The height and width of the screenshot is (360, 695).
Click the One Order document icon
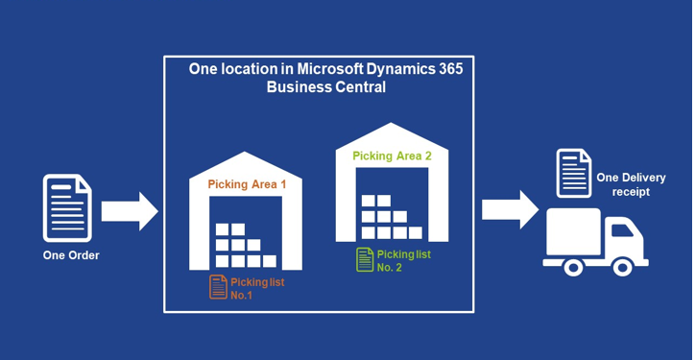[x=67, y=208]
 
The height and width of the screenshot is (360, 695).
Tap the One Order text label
[x=71, y=255]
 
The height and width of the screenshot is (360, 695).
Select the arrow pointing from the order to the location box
[x=130, y=211]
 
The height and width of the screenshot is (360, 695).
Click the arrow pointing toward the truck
[x=510, y=209]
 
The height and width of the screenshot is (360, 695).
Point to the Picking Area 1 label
[x=247, y=184]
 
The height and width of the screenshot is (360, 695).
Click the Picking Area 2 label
[x=392, y=156]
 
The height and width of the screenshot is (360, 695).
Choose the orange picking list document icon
[x=218, y=287]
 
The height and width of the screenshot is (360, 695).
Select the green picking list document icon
[x=365, y=259]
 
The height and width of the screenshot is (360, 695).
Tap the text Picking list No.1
[x=257, y=289]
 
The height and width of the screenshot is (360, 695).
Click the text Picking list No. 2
[x=404, y=261]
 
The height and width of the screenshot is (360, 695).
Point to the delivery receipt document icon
[x=573, y=173]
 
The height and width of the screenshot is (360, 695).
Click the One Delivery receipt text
[x=631, y=185]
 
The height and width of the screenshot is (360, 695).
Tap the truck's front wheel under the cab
[x=623, y=267]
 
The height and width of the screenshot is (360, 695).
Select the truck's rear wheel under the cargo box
[x=573, y=267]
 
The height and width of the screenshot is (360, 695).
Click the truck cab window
[x=622, y=230]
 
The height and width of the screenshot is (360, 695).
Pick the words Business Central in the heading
[x=326, y=87]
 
